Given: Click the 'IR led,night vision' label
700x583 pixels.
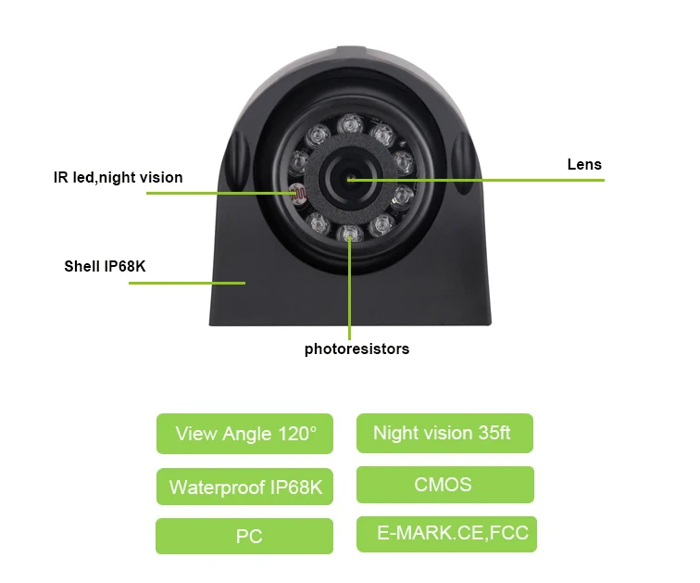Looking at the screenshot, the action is pyautogui.click(x=118, y=177).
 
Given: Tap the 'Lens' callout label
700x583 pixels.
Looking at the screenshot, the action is pyautogui.click(x=584, y=165).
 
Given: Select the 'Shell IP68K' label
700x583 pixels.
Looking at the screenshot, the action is pyautogui.click(x=105, y=267).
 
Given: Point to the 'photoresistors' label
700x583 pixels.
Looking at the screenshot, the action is pyautogui.click(x=356, y=349).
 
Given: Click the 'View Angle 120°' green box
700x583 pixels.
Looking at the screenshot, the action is pyautogui.click(x=244, y=434).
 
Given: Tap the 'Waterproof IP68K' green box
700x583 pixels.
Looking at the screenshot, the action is pyautogui.click(x=244, y=487).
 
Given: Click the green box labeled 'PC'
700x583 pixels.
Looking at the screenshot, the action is pyautogui.click(x=244, y=536).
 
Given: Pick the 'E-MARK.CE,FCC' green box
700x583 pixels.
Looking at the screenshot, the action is pyautogui.click(x=446, y=534).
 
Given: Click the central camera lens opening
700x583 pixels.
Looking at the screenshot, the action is pyautogui.click(x=350, y=178).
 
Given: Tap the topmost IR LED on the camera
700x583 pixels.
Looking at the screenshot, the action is pyautogui.click(x=351, y=122).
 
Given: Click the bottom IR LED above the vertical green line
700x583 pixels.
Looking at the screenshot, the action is pyautogui.click(x=349, y=233).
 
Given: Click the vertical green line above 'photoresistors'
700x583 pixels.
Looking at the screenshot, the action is pyautogui.click(x=350, y=297).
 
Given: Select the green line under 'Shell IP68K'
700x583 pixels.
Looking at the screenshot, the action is pyautogui.click(x=185, y=283).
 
